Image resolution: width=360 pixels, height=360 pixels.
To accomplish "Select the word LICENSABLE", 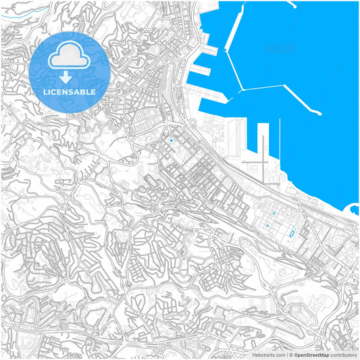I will click(70, 91).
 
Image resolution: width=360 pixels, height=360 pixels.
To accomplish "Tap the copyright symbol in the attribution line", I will click(290, 355).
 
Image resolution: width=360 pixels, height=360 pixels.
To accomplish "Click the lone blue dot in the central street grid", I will click(172, 140).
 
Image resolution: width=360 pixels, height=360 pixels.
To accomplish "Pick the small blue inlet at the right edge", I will click(354, 209).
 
